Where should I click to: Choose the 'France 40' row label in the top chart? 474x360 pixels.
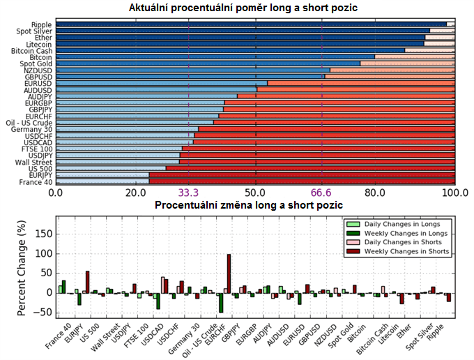[x=35, y=182]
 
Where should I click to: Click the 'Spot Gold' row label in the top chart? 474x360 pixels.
[x=36, y=64]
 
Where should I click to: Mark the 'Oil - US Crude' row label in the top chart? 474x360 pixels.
[x=29, y=123]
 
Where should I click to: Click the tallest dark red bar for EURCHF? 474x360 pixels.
[x=229, y=273]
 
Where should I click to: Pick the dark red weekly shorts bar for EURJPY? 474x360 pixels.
[x=88, y=282]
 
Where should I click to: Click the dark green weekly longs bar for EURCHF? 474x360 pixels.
[x=221, y=302]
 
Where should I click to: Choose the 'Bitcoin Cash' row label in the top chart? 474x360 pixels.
[x=32, y=51]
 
